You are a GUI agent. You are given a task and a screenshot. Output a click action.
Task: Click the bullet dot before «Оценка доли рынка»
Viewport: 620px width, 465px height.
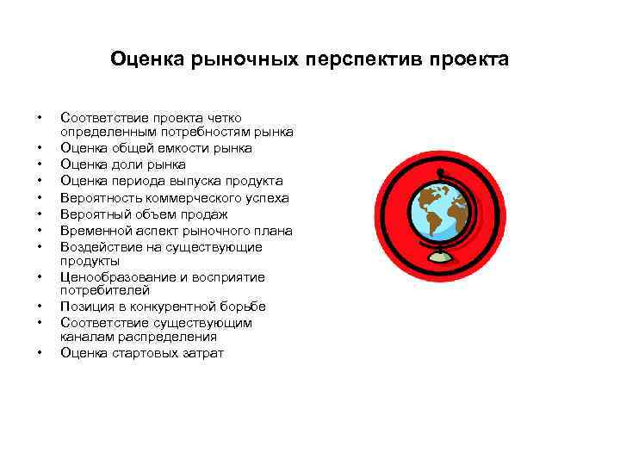[39, 164]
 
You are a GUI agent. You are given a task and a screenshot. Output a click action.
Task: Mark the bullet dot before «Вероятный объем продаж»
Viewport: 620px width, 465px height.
[39, 214]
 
